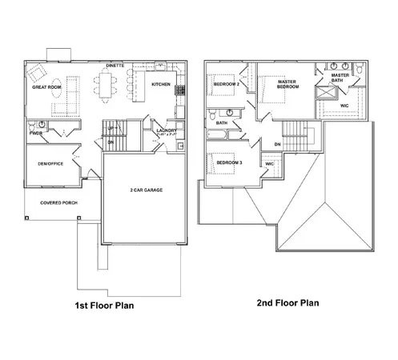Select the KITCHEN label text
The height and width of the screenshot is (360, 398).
pyautogui.click(x=161, y=84)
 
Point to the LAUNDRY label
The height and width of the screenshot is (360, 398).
pyautogui.click(x=167, y=130)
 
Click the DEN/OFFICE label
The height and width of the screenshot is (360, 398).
pyautogui.click(x=50, y=164)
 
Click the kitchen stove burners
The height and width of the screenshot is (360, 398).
pyautogui.click(x=181, y=90)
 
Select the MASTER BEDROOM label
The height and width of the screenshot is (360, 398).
pyautogui.click(x=287, y=84)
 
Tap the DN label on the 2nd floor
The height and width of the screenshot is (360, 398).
pyautogui.click(x=277, y=144)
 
